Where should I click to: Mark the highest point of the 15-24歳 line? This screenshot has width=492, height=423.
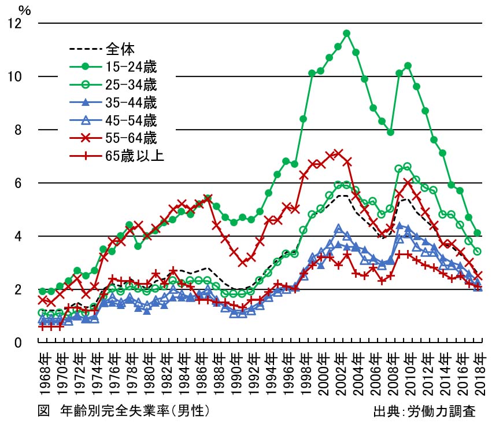click(x=347, y=33)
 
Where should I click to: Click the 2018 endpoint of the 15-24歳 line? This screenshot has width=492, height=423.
click(x=478, y=233)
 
